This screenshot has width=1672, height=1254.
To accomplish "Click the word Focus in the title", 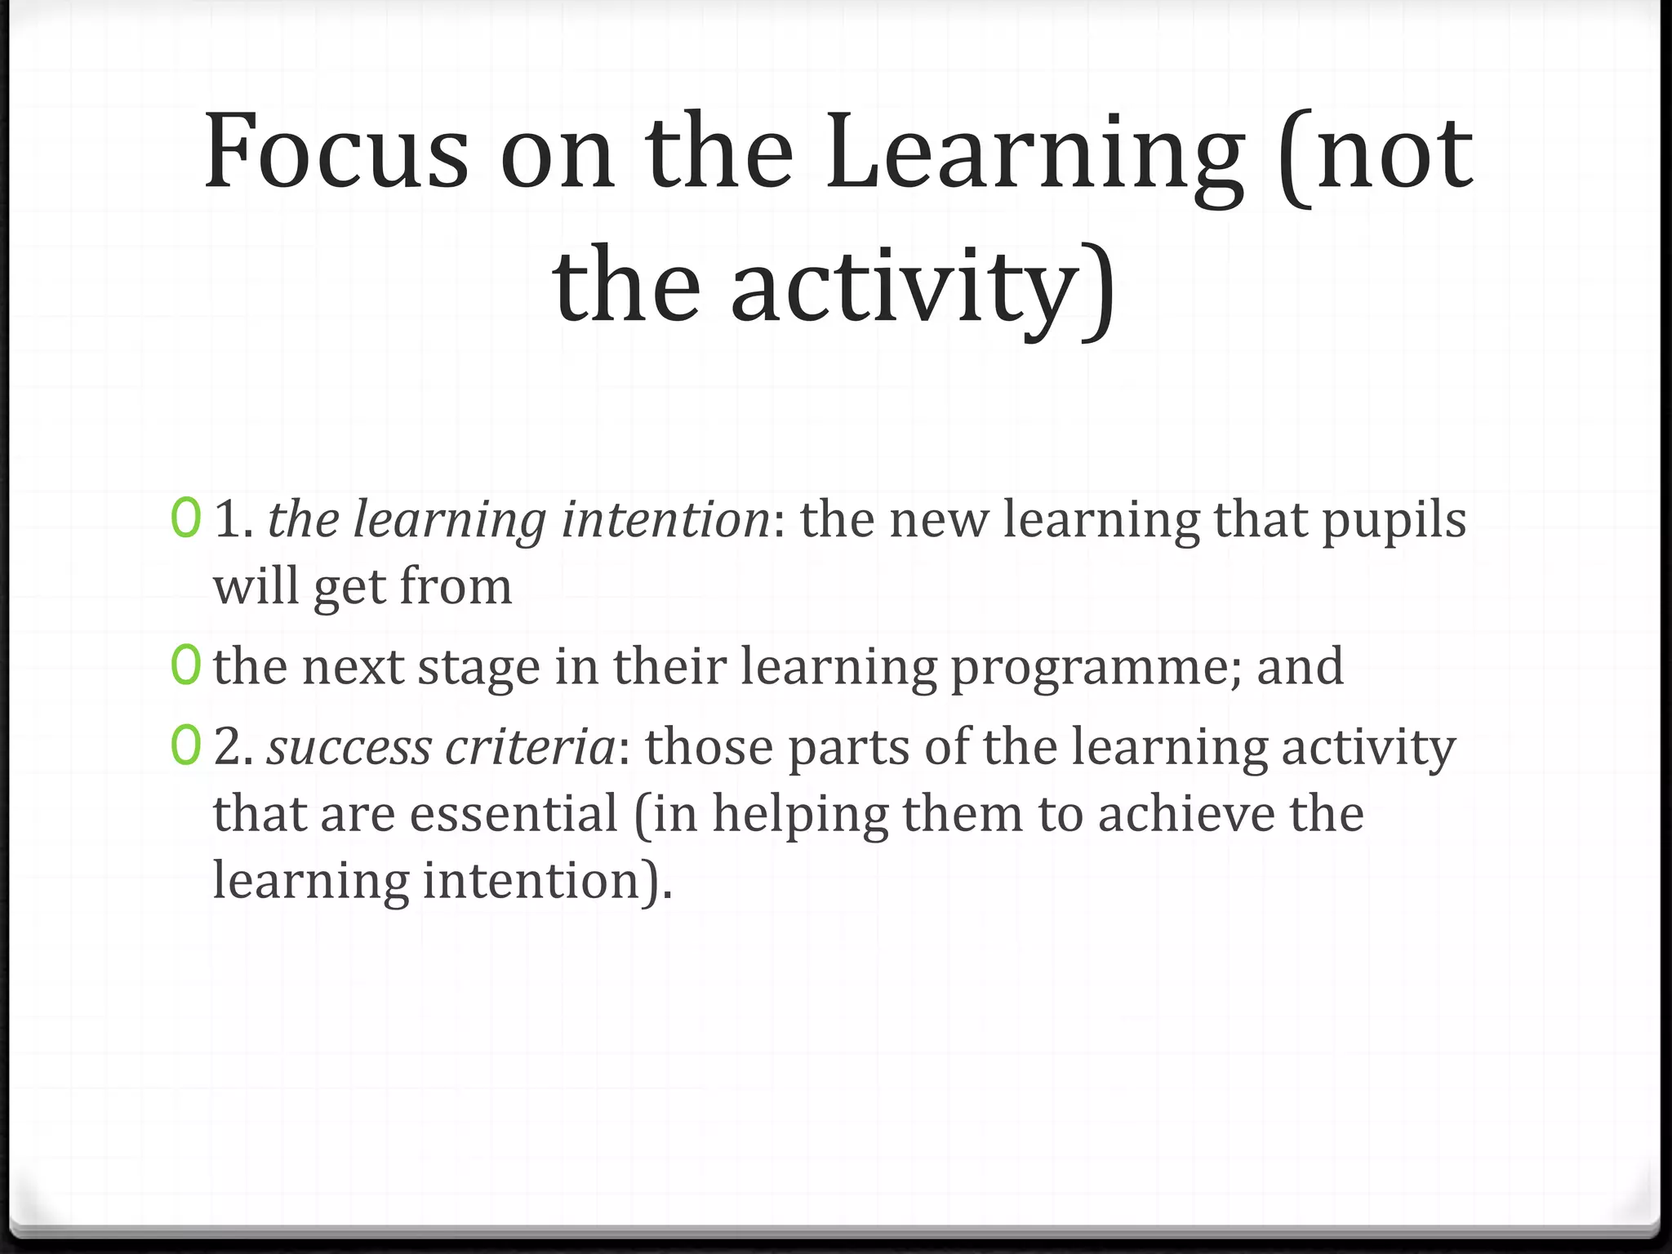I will point(336,153).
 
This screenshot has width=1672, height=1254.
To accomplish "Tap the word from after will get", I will point(456,586).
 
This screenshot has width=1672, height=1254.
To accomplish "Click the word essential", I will point(514,814).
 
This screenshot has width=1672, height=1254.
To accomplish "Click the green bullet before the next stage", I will point(185,666).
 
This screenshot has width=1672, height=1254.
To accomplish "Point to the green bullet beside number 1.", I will point(185,520).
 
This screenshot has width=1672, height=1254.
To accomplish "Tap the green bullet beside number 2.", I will point(185,747).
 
